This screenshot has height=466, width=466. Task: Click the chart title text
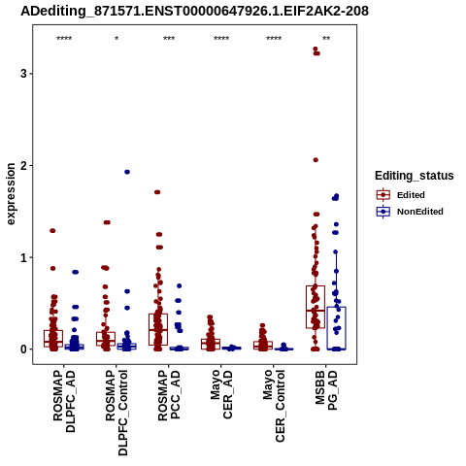pos(194,12)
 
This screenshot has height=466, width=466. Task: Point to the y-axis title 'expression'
pos(11,194)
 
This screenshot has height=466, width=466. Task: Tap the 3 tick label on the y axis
pos(23,74)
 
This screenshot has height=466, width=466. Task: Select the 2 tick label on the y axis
pos(23,165)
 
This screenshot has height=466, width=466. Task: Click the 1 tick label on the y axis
pos(23,257)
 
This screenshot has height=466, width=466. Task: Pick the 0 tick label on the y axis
pos(23,349)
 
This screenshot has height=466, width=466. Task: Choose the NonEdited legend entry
pos(410,212)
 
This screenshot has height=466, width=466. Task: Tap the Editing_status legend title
pos(415,176)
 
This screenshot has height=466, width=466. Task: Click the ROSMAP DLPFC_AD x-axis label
pos(64,401)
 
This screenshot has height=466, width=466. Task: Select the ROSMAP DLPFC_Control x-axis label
pos(116,413)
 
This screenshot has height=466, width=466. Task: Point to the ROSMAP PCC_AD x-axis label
pos(169,395)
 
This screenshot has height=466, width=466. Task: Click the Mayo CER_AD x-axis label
pos(221,394)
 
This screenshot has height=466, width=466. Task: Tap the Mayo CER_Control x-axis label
pos(274,406)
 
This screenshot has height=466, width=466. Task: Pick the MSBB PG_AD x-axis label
pos(326,390)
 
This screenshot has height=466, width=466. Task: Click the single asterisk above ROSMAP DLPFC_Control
pos(116,39)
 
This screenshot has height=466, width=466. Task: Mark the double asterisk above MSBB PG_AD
pos(326,39)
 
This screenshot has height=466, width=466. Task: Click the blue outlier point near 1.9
pos(127,172)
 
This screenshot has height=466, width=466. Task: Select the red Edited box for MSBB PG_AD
pos(316,307)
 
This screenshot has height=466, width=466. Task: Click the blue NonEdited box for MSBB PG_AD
pos(336,328)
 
